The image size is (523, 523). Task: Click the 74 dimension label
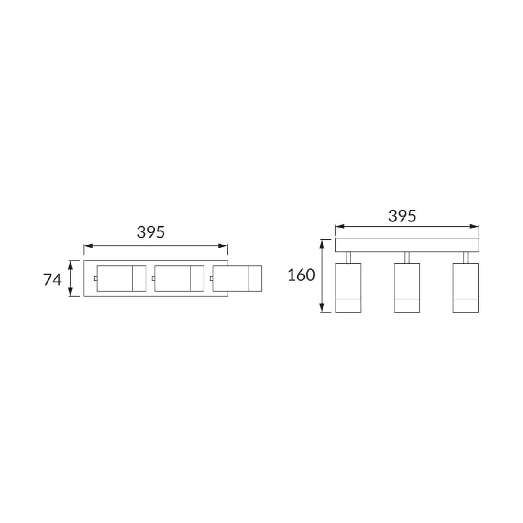(x=52, y=280)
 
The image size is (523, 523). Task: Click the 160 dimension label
(x=301, y=275)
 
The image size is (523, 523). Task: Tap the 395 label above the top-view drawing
(x=151, y=232)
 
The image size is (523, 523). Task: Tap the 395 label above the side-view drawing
(x=402, y=216)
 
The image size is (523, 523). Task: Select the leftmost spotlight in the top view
(x=121, y=278)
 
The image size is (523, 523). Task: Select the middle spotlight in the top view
(x=179, y=278)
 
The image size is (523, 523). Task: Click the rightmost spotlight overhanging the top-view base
(x=237, y=278)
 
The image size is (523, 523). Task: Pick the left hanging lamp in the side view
(x=348, y=288)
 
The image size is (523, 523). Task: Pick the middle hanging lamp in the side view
(x=407, y=288)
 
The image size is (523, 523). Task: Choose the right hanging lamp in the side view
(x=466, y=288)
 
